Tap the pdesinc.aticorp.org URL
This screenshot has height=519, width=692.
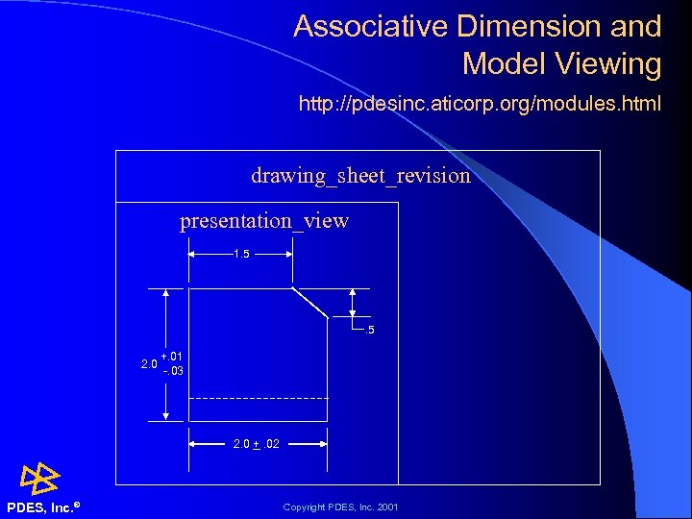coord(480,103)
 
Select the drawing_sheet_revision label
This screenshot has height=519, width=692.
coord(360,175)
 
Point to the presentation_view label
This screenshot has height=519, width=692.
coord(264,221)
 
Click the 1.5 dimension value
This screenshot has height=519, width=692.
coord(241,255)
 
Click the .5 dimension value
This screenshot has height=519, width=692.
coord(367,332)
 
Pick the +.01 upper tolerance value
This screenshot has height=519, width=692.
coord(172,358)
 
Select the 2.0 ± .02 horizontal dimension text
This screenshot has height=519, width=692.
coord(258,444)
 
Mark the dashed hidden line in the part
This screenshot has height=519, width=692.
coord(258,398)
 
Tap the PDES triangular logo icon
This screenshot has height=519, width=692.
coord(40,478)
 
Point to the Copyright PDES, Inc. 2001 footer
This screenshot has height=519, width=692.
coord(340,507)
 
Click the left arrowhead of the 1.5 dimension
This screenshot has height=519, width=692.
coord(192,255)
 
